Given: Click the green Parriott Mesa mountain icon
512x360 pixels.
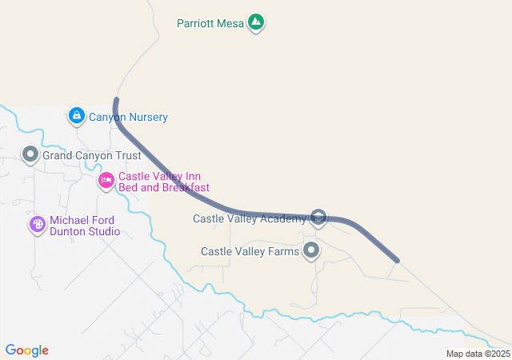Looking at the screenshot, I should pos(256,22).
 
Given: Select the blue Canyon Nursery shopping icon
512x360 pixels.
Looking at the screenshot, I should pos(76,117).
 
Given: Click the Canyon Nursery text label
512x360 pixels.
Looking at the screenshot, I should pos(128,118).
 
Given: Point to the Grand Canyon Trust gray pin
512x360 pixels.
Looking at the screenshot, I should pos(30,154).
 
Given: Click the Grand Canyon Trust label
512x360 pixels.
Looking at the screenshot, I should pos(91,156).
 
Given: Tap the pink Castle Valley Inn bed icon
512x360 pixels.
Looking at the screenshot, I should pos(106,181).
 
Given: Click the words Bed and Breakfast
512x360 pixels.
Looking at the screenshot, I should pos(164,188).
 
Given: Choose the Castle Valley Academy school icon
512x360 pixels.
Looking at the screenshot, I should pos(318,218).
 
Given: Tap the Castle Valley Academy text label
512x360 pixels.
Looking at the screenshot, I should pos(250,218).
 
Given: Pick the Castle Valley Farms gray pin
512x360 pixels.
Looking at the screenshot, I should pos(311,251).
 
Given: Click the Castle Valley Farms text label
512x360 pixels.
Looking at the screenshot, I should pos(250,251).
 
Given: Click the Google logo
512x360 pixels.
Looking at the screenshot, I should pos(27,350).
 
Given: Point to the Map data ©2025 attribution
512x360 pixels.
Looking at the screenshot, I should pos(478,354).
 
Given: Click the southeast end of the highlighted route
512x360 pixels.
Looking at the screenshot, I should pos(397,260).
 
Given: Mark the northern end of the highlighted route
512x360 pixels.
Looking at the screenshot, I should pos(116,100).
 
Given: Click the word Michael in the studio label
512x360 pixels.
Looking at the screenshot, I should pos(70,221).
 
